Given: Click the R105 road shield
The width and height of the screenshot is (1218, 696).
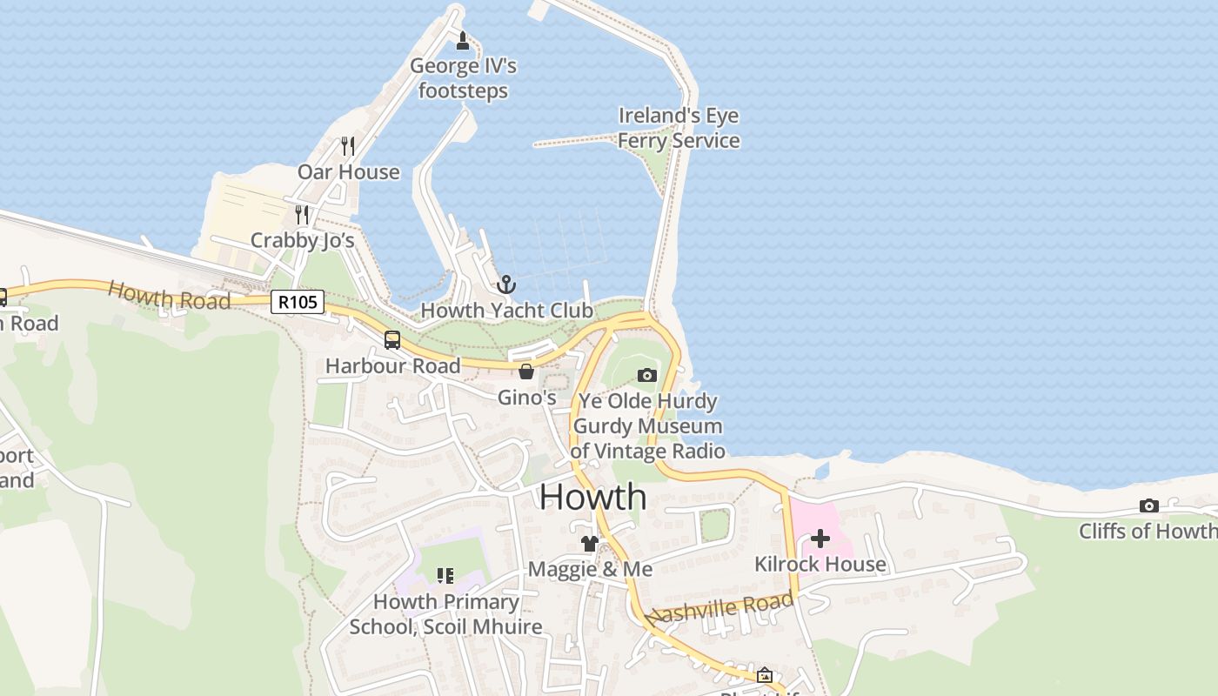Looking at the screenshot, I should coord(298,302).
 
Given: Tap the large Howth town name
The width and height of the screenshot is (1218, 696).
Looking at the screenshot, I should coord(592,497).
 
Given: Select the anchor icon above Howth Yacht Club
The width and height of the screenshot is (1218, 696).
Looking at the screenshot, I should coord(506,284).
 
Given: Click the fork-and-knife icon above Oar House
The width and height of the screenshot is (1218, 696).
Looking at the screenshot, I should coord(348,145).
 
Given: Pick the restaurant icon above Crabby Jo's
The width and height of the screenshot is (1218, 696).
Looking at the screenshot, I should coord(302,213).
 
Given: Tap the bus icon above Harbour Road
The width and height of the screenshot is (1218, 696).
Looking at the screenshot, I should coord(392,340).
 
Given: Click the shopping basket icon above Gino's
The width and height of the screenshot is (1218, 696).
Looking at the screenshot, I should coord(525,372).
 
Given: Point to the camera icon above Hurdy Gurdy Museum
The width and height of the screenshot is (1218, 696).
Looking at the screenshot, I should coord(646,375).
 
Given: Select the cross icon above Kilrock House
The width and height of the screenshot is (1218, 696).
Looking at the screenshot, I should coord(820,539).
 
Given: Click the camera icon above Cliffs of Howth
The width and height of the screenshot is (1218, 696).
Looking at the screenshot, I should coord(1148,506).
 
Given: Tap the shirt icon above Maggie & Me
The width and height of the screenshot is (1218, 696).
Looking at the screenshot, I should coord(590,544).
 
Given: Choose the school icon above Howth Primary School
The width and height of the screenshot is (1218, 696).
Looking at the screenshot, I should coord(445,576).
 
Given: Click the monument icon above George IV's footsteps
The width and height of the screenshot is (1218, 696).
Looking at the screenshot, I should coord(463,40).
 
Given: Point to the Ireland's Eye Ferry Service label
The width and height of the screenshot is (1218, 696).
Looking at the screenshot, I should coord(679,128).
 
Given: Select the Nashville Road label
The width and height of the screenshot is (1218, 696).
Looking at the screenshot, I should coord(721,608).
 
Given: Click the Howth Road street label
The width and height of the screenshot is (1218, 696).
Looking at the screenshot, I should coord(169,296).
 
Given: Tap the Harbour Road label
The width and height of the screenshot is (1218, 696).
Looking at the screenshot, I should coord(392,366).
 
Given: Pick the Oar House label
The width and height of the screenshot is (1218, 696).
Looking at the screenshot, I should coord(349,172).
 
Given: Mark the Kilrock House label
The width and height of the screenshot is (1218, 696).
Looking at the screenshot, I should coord(820,565).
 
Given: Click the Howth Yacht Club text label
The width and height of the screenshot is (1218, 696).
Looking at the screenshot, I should coord(506,311).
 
